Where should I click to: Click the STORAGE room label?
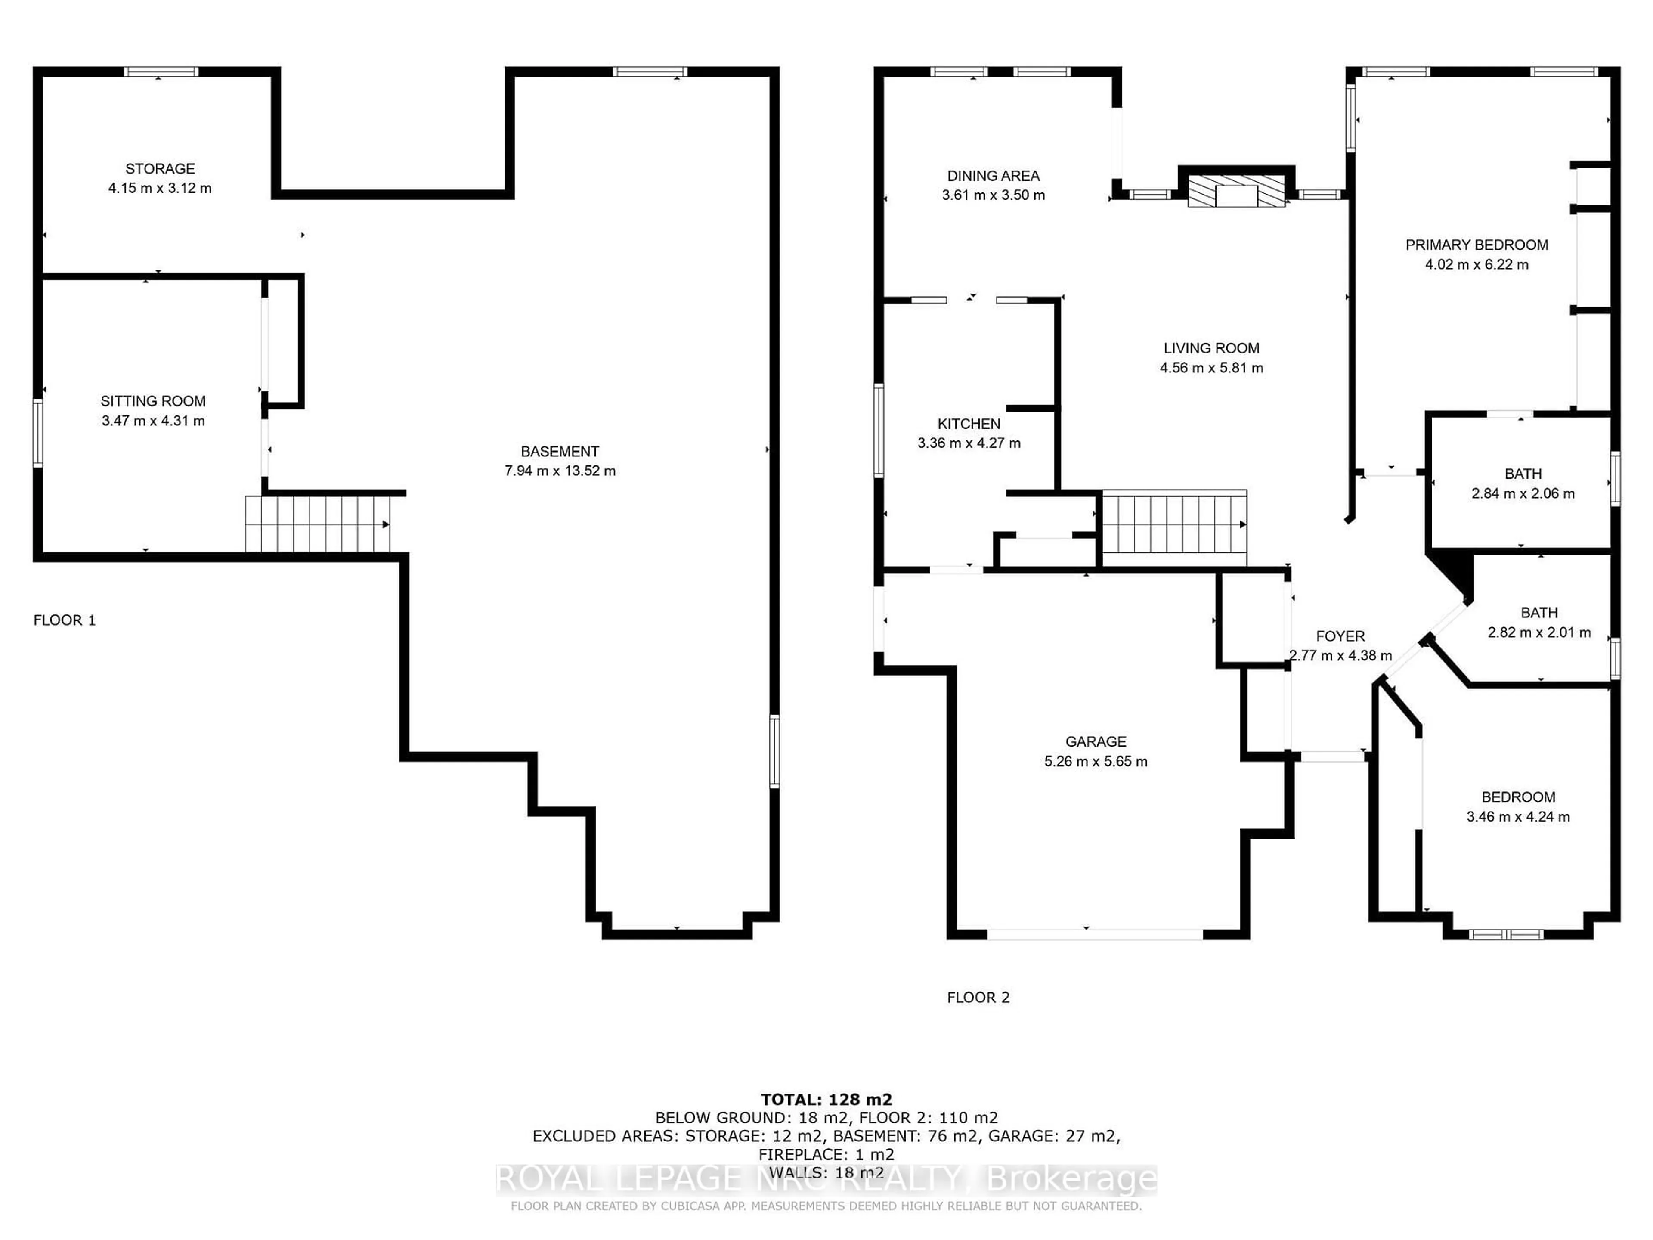pyautogui.click(x=160, y=169)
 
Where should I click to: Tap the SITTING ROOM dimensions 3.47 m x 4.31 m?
pyautogui.click(x=153, y=421)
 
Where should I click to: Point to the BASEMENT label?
pyautogui.click(x=560, y=452)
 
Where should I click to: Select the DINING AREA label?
pyautogui.click(x=993, y=176)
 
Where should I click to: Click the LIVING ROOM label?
pyautogui.click(x=1211, y=348)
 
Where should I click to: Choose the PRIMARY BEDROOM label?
pyautogui.click(x=1477, y=245)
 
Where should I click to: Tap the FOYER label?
pyautogui.click(x=1340, y=636)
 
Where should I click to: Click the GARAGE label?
pyautogui.click(x=1096, y=741)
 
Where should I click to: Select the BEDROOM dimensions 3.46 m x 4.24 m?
pyautogui.click(x=1518, y=817)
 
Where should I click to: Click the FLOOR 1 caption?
pyautogui.click(x=65, y=620)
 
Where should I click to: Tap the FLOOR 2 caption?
pyautogui.click(x=978, y=998)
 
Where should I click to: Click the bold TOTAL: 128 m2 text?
pyautogui.click(x=826, y=1100)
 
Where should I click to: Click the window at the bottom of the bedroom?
pyautogui.click(x=1506, y=934)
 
